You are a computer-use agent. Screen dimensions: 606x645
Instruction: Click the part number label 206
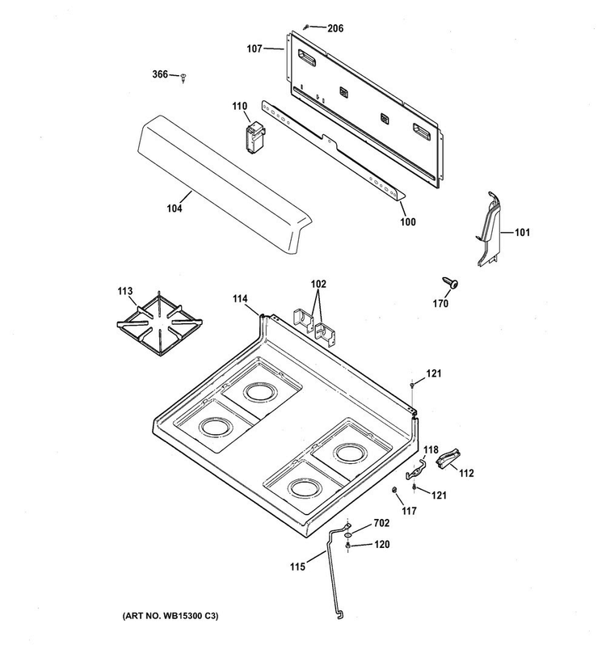pos(335,28)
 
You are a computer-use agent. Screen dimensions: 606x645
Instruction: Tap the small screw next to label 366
pos(183,78)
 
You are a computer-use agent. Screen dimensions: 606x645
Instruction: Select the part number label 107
pos(254,49)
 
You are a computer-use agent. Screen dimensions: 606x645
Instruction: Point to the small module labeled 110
pos(255,137)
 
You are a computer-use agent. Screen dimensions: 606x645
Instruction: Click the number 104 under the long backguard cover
pos(175,209)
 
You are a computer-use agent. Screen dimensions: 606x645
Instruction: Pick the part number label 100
pos(408,221)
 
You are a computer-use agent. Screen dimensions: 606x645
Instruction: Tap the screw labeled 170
pos(450,283)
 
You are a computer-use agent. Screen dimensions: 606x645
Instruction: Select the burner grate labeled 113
pos(159,323)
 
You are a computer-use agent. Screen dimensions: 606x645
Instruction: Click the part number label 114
pos(240,298)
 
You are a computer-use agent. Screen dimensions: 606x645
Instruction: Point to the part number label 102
pos(318,284)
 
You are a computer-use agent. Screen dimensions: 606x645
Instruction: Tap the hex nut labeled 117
pos(393,490)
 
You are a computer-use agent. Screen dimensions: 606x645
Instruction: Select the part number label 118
pos(431,450)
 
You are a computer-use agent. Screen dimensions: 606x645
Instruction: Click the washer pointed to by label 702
pos(347,535)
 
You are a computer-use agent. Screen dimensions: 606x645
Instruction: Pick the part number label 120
pos(381,544)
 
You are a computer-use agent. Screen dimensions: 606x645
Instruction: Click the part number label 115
pos(297,567)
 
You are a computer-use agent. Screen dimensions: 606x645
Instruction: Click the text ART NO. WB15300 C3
pos(170,616)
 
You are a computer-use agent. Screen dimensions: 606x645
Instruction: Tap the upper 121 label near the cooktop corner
pos(433,373)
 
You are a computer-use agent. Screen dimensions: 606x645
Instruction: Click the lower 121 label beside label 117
pos(439,495)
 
